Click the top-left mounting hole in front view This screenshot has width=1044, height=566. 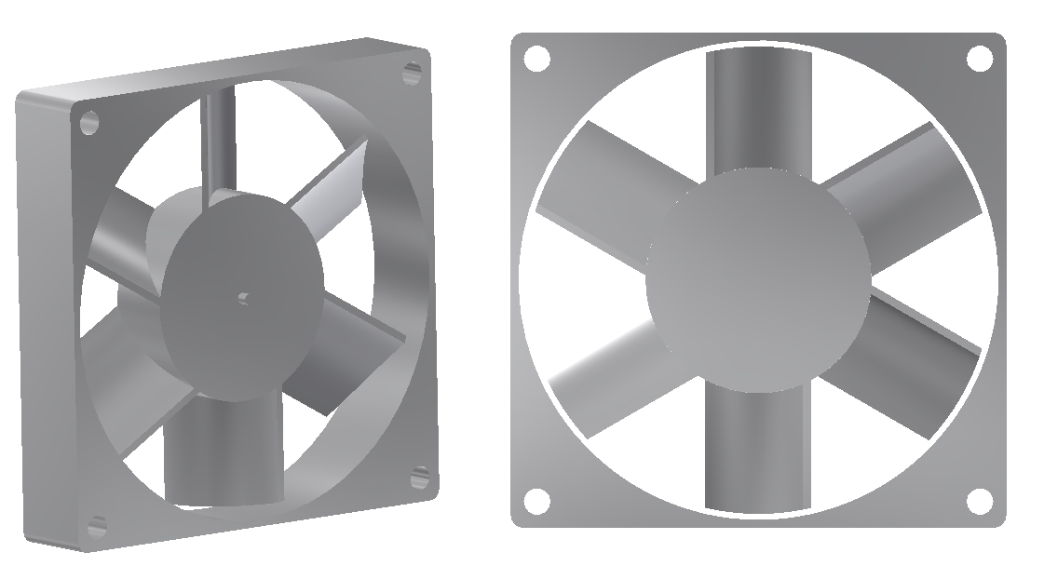536,59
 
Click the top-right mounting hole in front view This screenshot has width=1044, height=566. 979,59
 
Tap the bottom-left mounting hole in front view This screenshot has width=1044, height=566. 536,501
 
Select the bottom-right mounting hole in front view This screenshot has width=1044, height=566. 979,501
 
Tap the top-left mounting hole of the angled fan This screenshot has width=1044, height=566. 89,123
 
